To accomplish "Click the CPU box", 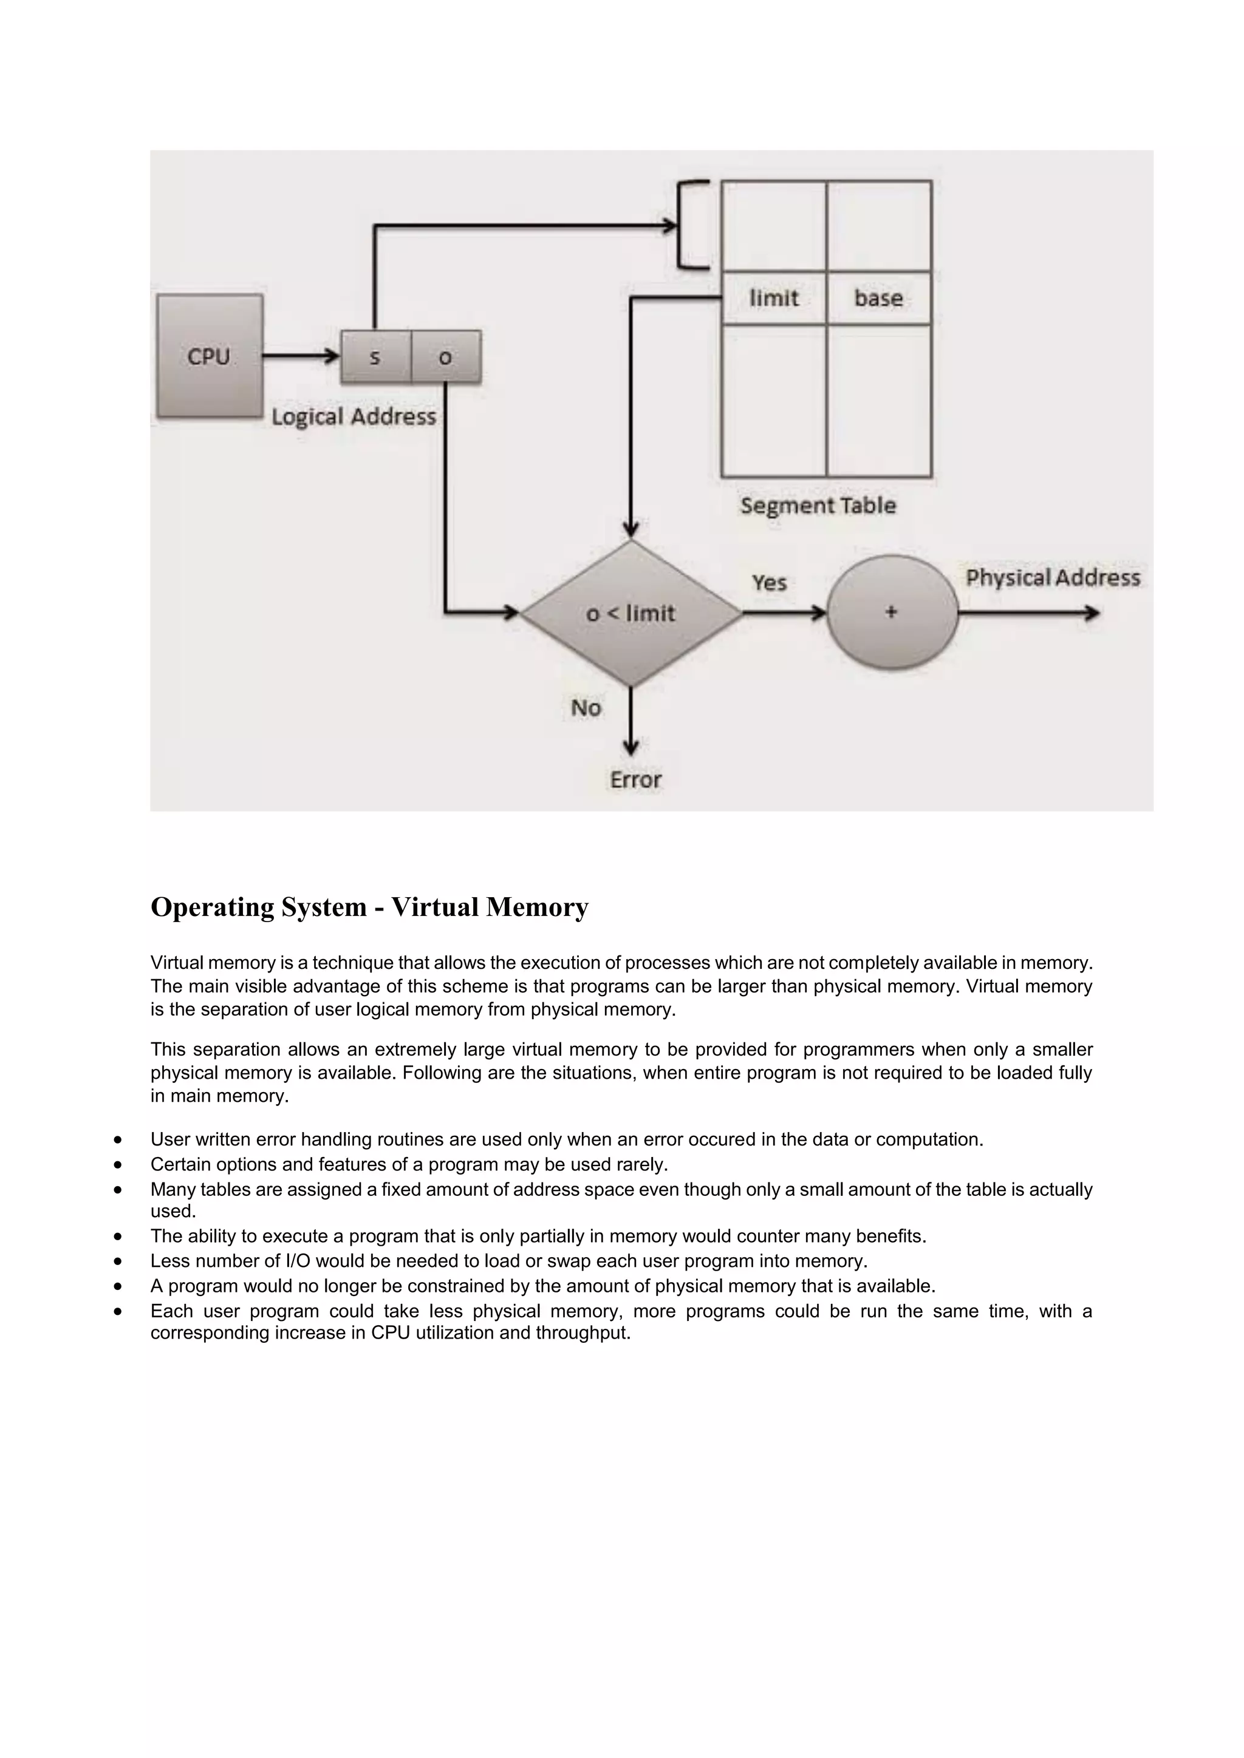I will (209, 357).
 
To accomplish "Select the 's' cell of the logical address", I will (375, 357).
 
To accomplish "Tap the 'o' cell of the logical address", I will (446, 357).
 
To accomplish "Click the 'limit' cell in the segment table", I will (774, 298).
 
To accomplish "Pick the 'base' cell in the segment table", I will (878, 298).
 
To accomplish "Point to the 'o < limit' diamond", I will (631, 613).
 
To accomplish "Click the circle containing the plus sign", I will (892, 613).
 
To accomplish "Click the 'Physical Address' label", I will (1053, 577).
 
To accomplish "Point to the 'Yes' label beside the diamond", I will (769, 583).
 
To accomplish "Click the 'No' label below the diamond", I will (586, 707).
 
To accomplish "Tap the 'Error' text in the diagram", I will (635, 779).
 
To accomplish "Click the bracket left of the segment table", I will (692, 225).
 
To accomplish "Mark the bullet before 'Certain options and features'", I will (117, 1164).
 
